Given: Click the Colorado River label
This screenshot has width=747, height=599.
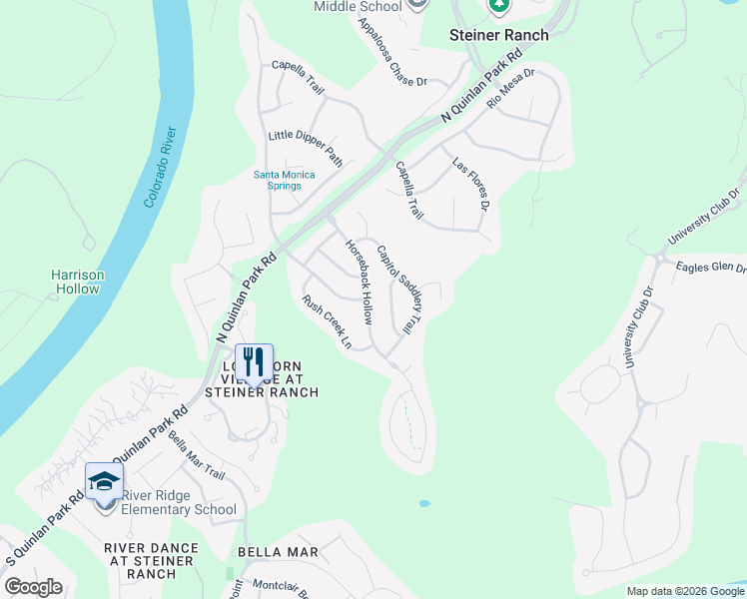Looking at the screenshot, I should tap(160, 167).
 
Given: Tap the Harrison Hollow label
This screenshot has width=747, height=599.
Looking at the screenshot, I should tap(78, 282).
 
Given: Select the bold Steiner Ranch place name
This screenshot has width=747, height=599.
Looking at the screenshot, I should tap(498, 35).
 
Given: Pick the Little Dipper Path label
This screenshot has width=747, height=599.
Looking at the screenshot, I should tap(306, 149).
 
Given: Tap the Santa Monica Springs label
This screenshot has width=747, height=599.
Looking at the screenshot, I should tap(284, 181).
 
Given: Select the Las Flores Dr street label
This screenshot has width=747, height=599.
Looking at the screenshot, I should tap(469, 184).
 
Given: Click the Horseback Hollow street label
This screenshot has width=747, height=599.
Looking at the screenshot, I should tap(358, 283).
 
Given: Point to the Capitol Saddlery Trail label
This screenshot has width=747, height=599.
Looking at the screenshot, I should tap(399, 290).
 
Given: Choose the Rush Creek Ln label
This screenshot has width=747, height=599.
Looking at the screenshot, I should tap(328, 321).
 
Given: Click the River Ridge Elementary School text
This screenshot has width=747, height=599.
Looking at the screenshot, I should tap(179, 502).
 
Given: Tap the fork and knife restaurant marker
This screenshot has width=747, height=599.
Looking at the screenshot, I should tap(254, 360).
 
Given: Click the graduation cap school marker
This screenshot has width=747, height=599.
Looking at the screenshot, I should tap(104, 481).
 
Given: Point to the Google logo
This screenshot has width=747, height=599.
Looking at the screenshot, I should tap(33, 587).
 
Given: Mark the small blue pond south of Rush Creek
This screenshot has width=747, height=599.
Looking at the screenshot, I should tap(424, 503).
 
